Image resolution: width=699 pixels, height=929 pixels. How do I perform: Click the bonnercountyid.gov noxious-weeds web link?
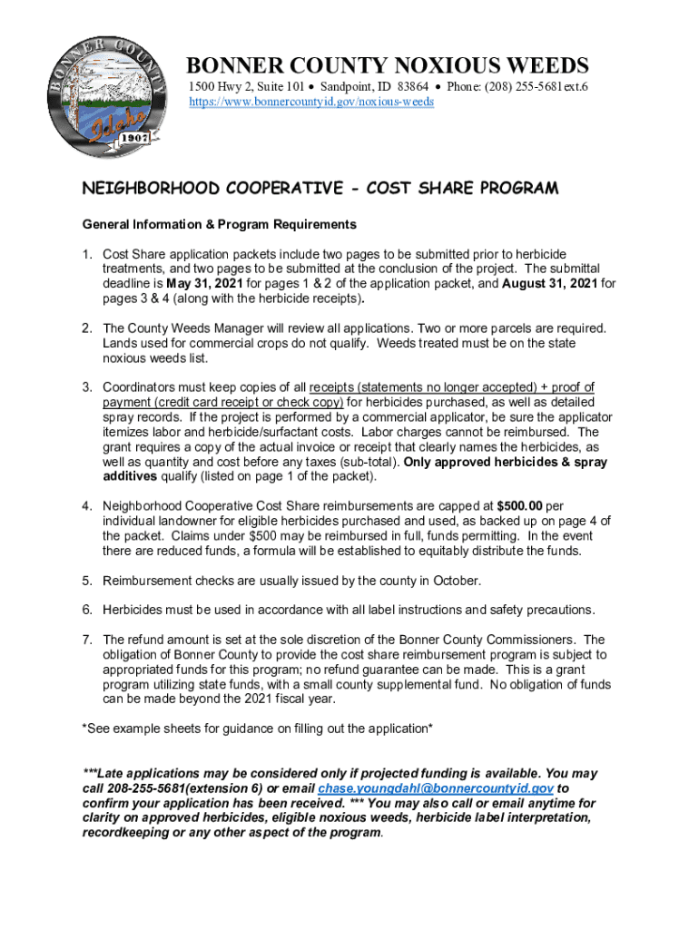pyautogui.click(x=310, y=102)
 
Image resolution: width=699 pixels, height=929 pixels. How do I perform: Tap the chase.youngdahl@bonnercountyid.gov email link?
pyautogui.click(x=435, y=789)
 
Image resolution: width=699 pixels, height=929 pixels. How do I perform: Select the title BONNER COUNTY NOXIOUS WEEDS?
pyautogui.click(x=388, y=65)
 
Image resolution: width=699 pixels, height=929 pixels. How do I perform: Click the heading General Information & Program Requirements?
pyautogui.click(x=219, y=224)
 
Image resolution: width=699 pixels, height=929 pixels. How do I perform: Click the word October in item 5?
pyautogui.click(x=458, y=581)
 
